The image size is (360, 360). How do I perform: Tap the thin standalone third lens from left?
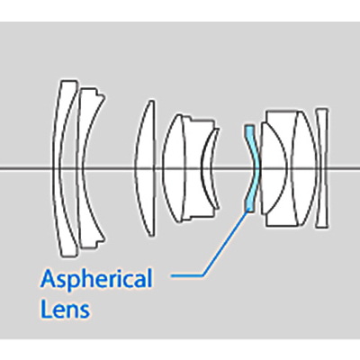pyautogui.click(x=145, y=168)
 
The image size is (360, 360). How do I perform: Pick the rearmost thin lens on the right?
pyautogui.click(x=321, y=168)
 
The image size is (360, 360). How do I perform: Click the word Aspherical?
pyautogui.click(x=96, y=278)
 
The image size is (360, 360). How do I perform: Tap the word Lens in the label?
pyautogui.click(x=65, y=309)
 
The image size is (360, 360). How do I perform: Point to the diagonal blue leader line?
pyautogui.click(x=226, y=242)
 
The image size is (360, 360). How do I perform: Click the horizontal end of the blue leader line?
pyautogui.click(x=172, y=275)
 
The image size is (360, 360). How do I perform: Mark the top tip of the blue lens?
pyautogui.click(x=249, y=125)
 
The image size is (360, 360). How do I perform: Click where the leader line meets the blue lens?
pyautogui.click(x=248, y=211)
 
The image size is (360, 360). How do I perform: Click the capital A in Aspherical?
pyautogui.click(x=48, y=278)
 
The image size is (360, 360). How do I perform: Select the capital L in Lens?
pyautogui.click(x=46, y=309)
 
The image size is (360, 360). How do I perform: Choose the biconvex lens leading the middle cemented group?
pyautogui.click(x=174, y=168)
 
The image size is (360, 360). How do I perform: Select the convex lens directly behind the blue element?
pyautogui.click(x=273, y=168)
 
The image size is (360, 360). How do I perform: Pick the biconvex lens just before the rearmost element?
pyautogui.click(x=304, y=168)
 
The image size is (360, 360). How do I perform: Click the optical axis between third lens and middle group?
pyautogui.click(x=159, y=168)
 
